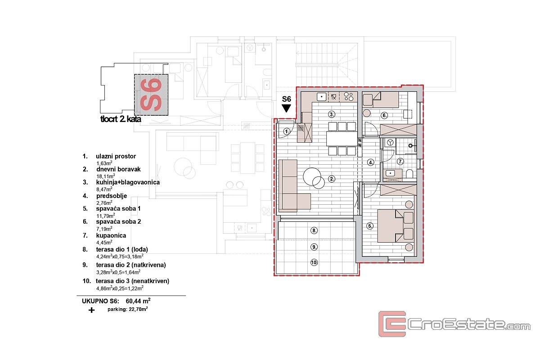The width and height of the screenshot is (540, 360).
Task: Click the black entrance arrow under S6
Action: [x=286, y=108]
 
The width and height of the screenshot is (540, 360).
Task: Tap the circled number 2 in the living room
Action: [x=332, y=179]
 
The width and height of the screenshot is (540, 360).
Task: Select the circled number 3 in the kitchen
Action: [x=332, y=114]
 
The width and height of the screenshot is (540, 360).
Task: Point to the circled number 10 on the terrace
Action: [x=314, y=262]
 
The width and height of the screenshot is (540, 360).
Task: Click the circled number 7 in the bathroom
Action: [x=400, y=161]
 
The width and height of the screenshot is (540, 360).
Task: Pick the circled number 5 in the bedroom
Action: [x=370, y=226]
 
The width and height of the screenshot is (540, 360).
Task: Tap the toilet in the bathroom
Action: [x=409, y=174]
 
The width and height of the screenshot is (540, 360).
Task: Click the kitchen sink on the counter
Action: [x=322, y=97]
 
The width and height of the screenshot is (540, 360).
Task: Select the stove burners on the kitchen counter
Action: [x=349, y=97]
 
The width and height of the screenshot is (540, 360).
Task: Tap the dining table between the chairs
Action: [x=342, y=139]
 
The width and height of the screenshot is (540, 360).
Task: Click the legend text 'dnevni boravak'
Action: [x=118, y=169]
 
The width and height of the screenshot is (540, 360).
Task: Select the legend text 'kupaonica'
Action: [x=111, y=235]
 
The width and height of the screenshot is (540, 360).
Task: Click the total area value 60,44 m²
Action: [x=138, y=301]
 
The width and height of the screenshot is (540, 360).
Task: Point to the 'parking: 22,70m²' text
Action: [x=127, y=309]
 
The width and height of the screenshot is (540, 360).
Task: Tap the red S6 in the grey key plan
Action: [x=151, y=94]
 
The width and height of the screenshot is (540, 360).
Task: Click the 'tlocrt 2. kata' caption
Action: [x=121, y=119]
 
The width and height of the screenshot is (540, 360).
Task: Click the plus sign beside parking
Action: [x=91, y=310]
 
